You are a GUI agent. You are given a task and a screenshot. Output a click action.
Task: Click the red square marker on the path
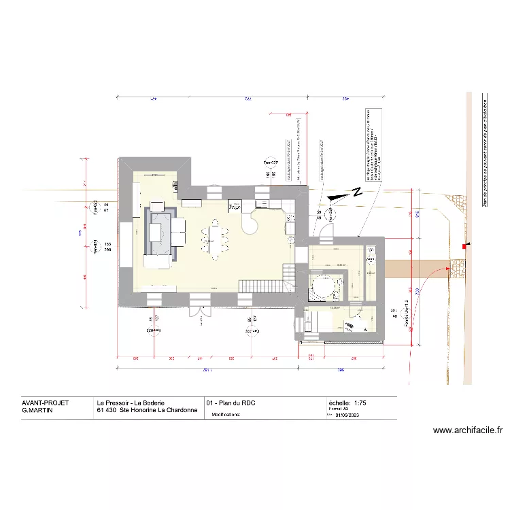tap(464, 245)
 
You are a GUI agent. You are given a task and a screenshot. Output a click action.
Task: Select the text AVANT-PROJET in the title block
tap(46, 403)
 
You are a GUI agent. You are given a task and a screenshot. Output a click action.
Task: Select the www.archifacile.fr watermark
tap(467, 430)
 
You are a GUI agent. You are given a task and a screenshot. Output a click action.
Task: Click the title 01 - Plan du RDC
tap(231, 403)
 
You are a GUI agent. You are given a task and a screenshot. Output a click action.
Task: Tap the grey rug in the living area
tap(160, 233)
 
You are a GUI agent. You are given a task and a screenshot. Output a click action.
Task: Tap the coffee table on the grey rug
tap(156, 233)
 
